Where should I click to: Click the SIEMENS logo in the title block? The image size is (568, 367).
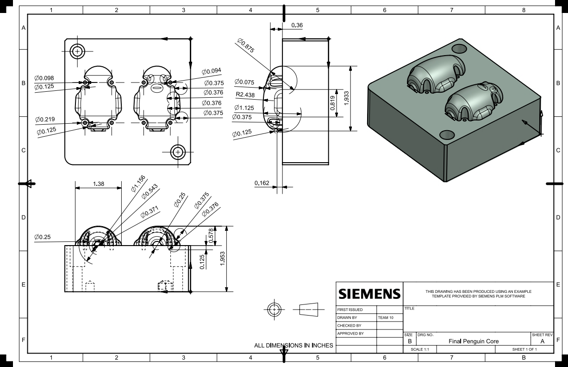coord(369,294)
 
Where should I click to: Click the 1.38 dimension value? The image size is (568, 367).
coord(99,184)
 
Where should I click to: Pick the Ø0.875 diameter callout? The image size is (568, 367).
coord(248,48)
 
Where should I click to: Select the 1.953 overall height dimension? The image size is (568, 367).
coord(223,259)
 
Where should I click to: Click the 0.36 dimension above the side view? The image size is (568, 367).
coord(297,25)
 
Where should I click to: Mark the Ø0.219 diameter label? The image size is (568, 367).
coord(45,120)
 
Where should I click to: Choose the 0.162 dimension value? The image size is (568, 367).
coord(262,183)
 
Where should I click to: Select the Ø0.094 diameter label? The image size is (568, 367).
coord(211,71)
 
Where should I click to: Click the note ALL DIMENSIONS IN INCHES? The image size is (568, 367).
coord(293,345)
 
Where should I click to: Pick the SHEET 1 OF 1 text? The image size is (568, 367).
coord(524,349)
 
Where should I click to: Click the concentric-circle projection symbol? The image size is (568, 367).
coord(275,309)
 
